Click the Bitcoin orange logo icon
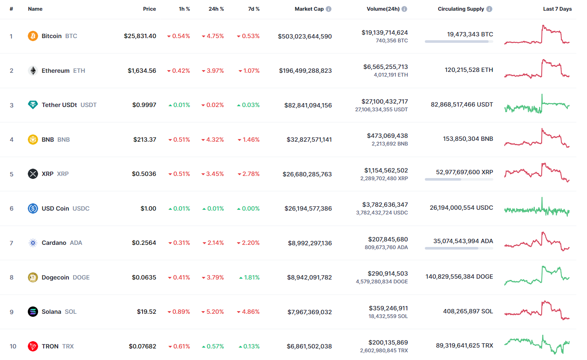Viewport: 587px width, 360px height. pos(33,36)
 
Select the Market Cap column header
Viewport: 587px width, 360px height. pos(309,9)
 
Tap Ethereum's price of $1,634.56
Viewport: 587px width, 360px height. pos(142,71)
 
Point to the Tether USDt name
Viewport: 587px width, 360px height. pos(59,105)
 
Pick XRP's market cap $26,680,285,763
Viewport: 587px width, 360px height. pos(307,174)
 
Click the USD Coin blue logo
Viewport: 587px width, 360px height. pos(33,208)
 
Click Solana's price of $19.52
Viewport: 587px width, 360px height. pos(146,312)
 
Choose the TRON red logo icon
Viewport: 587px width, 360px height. pos(33,346)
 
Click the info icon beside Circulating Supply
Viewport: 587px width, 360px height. pos(489,9)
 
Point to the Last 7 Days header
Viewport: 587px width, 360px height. pos(557,9)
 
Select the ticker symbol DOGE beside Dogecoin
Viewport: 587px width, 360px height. pos(81,277)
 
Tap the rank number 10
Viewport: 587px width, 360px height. pos(13,346)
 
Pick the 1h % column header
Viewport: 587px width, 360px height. pos(184,9)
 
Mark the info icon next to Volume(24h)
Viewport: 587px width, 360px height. pos(404,9)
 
